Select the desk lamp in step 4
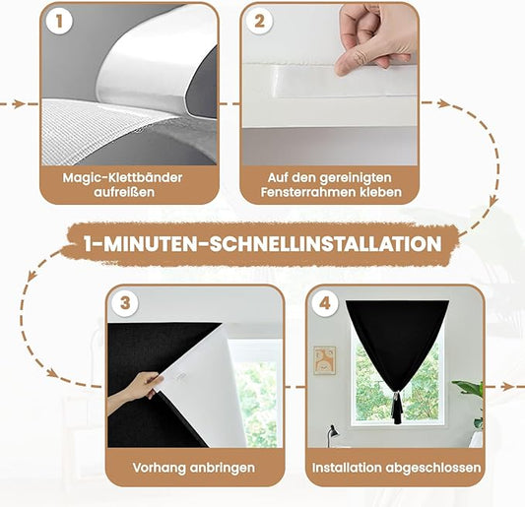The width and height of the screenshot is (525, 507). click(332, 433)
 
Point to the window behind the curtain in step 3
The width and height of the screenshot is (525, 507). click(259, 394)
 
